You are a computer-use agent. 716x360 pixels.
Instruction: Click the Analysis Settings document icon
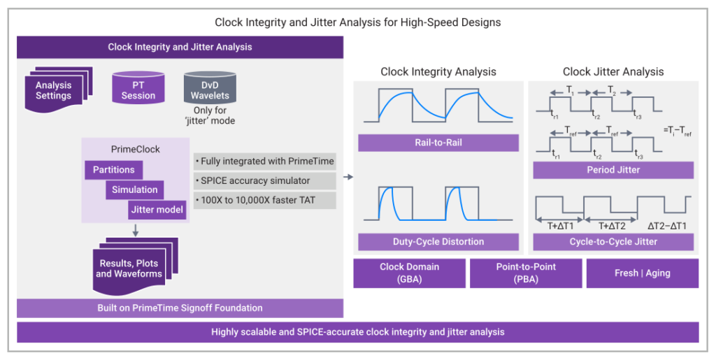click(x=59, y=89)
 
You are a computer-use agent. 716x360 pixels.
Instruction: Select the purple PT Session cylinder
click(x=138, y=87)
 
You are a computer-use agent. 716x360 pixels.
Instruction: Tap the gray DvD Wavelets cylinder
click(x=210, y=87)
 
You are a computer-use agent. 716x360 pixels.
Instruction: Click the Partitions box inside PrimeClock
click(x=114, y=170)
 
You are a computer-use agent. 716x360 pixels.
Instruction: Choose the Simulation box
click(x=135, y=190)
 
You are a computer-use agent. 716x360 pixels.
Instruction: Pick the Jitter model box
click(x=157, y=210)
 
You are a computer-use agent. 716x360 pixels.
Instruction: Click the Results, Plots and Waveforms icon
click(x=135, y=266)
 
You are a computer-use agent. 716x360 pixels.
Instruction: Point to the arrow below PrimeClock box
click(x=135, y=230)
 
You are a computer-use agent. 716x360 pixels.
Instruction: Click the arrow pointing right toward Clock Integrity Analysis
click(x=348, y=177)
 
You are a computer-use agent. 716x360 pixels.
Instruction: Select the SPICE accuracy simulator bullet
click(x=265, y=180)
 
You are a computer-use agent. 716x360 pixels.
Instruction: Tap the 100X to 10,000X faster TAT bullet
click(x=265, y=201)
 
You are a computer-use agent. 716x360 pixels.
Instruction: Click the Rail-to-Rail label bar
click(x=438, y=143)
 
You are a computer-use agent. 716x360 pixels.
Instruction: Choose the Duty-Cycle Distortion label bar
click(x=438, y=242)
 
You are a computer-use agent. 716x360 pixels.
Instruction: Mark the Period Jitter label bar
click(x=613, y=170)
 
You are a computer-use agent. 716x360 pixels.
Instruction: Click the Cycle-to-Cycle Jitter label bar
click(x=613, y=242)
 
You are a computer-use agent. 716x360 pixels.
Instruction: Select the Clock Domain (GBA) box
click(x=409, y=273)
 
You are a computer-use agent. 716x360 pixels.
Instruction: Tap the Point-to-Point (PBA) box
click(x=526, y=273)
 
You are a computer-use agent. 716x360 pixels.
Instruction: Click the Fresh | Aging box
click(x=643, y=273)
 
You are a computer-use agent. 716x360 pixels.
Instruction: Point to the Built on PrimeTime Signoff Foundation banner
click(x=180, y=308)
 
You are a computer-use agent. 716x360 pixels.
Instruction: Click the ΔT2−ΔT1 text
click(x=666, y=226)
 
